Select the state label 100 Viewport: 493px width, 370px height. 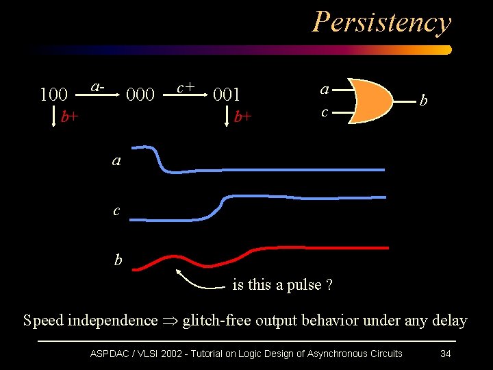pyautogui.click(x=53, y=94)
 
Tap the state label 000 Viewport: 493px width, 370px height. pyautogui.click(x=140, y=94)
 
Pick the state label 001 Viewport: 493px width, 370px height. pyautogui.click(x=227, y=94)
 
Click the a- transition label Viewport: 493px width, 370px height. pyautogui.click(x=99, y=87)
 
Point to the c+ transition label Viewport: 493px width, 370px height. pyautogui.click(x=186, y=87)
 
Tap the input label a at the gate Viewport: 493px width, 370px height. pyautogui.click(x=325, y=88)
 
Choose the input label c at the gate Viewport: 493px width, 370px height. pyautogui.click(x=325, y=111)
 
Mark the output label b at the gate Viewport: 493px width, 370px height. pyautogui.click(x=424, y=101)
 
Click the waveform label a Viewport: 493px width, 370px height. pyautogui.click(x=116, y=161)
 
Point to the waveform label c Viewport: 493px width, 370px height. pyautogui.click(x=116, y=210)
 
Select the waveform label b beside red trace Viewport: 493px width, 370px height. pyautogui.click(x=118, y=260)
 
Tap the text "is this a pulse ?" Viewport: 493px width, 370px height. pyautogui.click(x=282, y=284)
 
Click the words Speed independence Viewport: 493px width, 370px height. pyautogui.click(x=90, y=320)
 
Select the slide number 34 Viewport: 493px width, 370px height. pyautogui.click(x=445, y=354)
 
